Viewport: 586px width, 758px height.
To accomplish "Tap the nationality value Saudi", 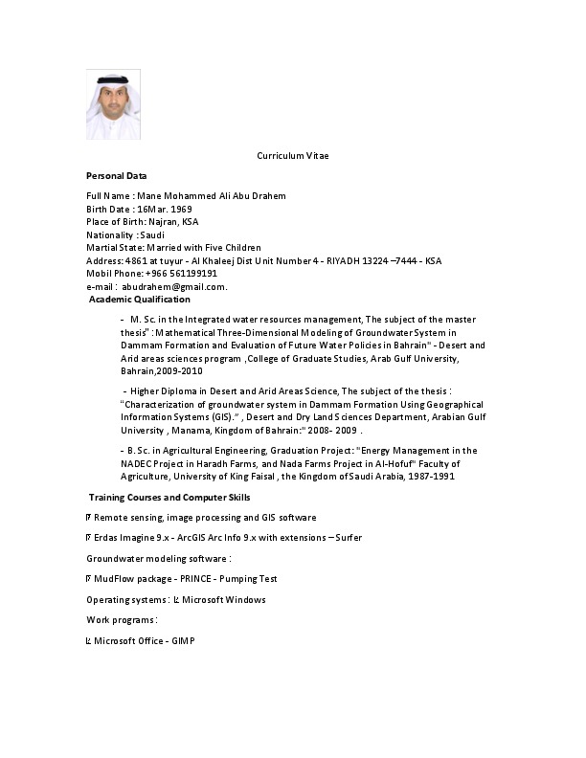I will click(153, 234).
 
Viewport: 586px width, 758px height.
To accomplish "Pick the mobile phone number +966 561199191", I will click(182, 273).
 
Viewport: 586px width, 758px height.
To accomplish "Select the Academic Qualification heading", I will click(140, 300).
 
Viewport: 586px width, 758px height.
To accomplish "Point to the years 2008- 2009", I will click(329, 431).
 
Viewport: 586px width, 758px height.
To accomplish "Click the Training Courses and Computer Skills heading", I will click(169, 498).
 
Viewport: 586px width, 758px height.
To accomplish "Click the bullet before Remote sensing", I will click(89, 518).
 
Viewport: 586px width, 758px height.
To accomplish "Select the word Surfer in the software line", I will click(349, 538).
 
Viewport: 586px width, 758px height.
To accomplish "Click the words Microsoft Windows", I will click(226, 600).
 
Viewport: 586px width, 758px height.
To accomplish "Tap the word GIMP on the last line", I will click(183, 640).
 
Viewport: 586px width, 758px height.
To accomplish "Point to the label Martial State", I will click(112, 247).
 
